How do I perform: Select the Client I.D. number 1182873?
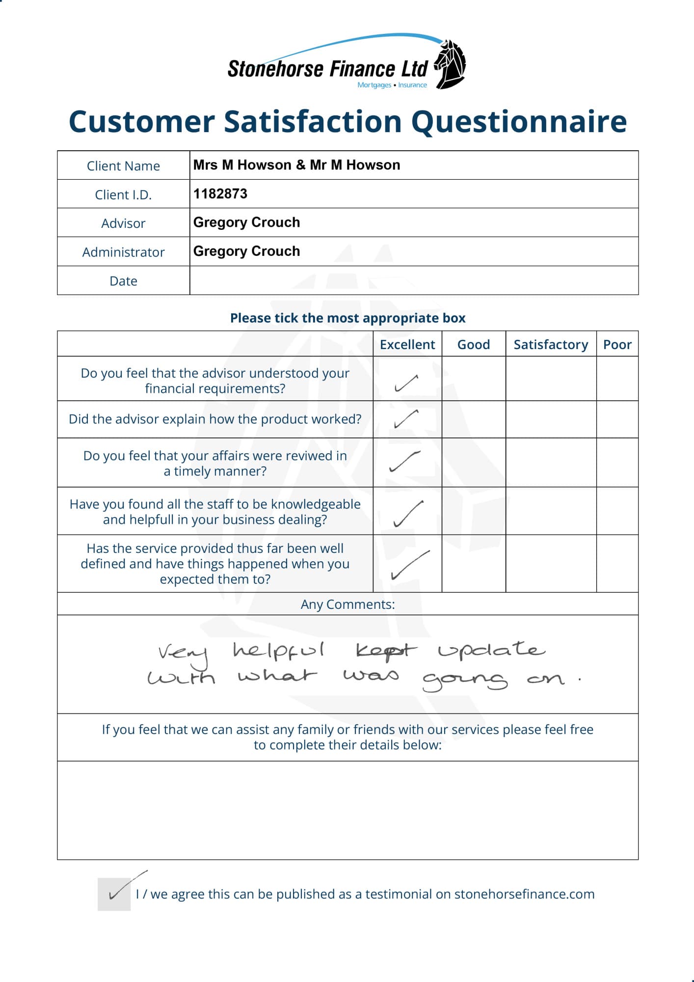coord(220,194)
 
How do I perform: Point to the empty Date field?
coord(413,280)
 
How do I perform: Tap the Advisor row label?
coord(123,223)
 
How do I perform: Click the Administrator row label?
coord(123,252)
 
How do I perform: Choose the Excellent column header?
coord(407,345)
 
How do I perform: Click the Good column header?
coord(474,345)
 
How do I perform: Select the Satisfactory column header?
coord(551,345)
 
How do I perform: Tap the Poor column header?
coord(617,345)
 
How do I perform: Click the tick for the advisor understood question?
coord(406,383)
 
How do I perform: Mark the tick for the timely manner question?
coord(405,461)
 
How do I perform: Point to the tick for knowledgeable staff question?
coord(408,514)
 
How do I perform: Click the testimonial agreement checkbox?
coord(114,894)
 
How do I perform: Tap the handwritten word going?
coord(464,680)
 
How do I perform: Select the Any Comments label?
coord(347,604)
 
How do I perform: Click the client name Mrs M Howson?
coord(242,165)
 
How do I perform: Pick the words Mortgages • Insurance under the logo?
coord(392,85)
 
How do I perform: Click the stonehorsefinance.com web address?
coord(524,894)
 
